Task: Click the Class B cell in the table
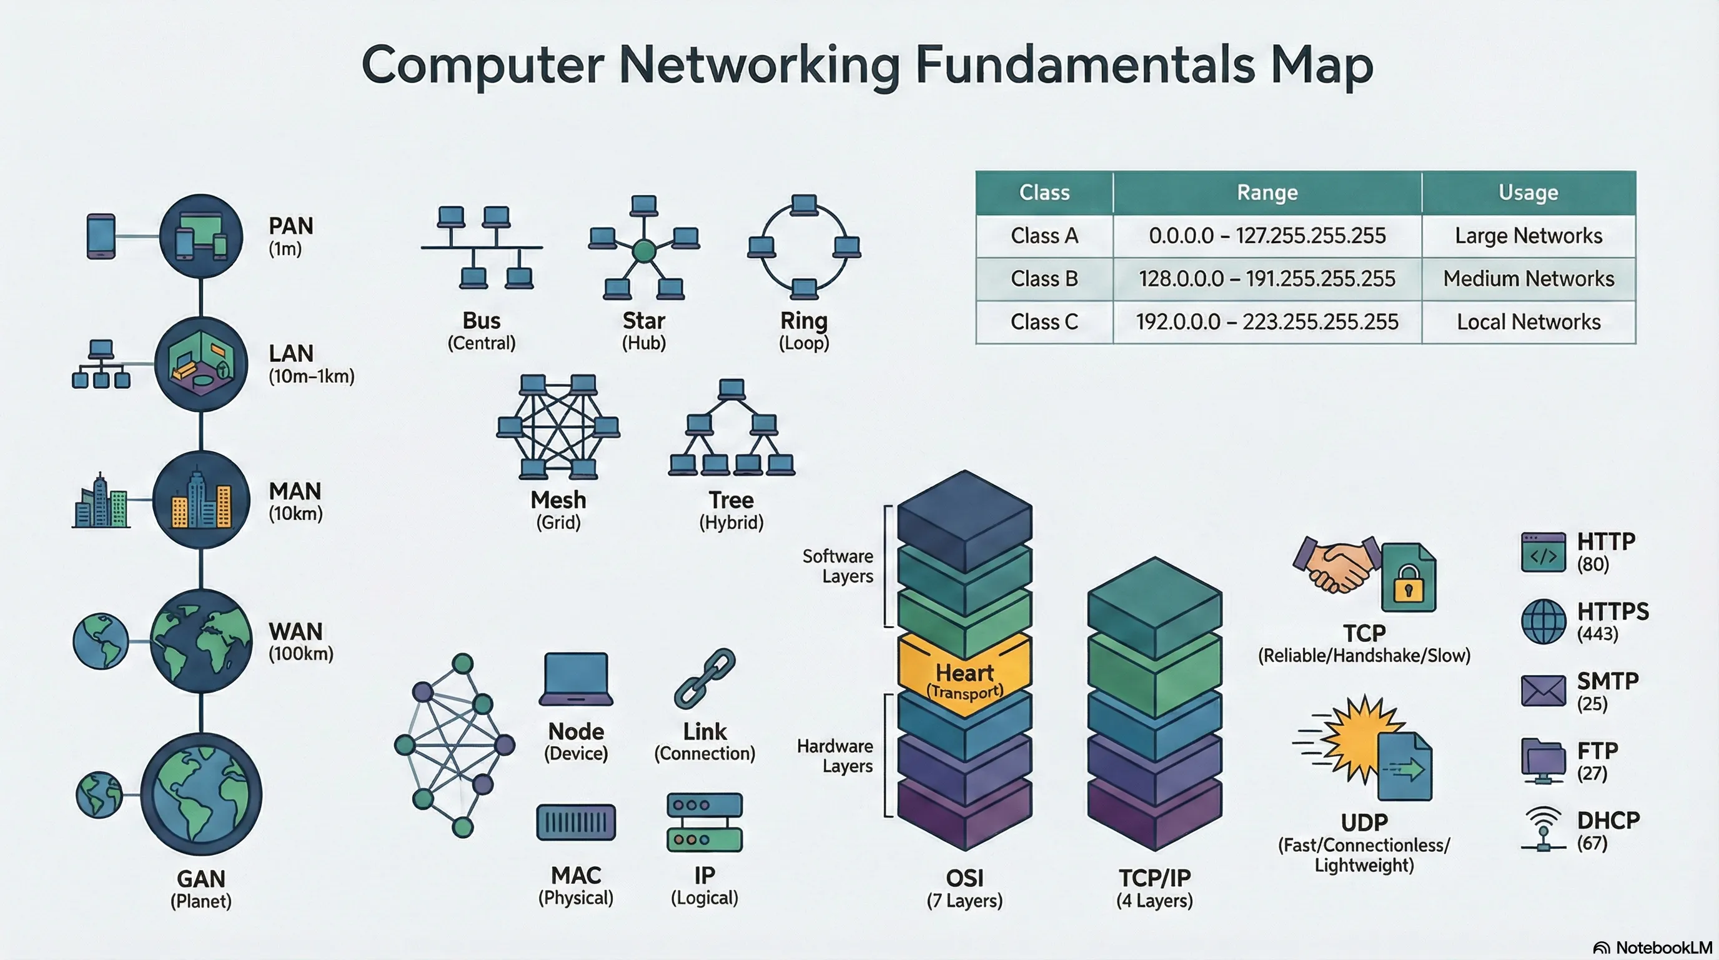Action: tap(1044, 278)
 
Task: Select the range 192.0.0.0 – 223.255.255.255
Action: tap(1267, 322)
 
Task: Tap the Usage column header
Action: tap(1528, 192)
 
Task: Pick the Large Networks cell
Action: tap(1528, 236)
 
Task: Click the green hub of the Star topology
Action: tap(644, 251)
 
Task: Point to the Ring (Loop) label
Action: tap(804, 331)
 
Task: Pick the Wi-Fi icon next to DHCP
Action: tap(1543, 828)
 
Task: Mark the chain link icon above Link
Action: tap(705, 677)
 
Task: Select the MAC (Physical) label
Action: tap(576, 885)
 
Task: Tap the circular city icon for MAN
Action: tap(202, 499)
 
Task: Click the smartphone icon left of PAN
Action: tap(101, 236)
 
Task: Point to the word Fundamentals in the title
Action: tap(1085, 65)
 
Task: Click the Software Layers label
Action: tap(838, 566)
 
